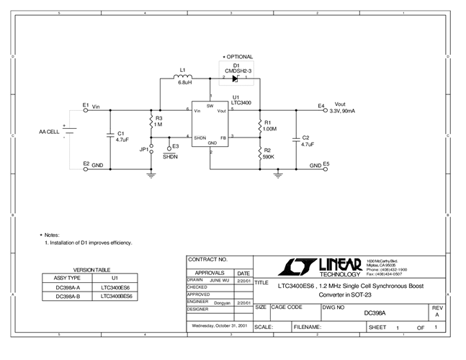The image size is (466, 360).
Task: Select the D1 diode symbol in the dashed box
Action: (x=235, y=78)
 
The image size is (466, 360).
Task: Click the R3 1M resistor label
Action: (x=158, y=121)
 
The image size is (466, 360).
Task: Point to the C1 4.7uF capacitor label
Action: (x=122, y=137)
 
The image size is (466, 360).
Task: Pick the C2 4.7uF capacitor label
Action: (x=306, y=140)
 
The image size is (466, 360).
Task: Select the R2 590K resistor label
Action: (x=268, y=153)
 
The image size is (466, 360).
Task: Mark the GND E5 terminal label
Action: (x=319, y=165)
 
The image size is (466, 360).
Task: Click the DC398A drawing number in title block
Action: (x=375, y=312)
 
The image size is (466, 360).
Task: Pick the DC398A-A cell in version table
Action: (x=68, y=286)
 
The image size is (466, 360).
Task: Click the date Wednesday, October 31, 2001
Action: (x=218, y=325)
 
